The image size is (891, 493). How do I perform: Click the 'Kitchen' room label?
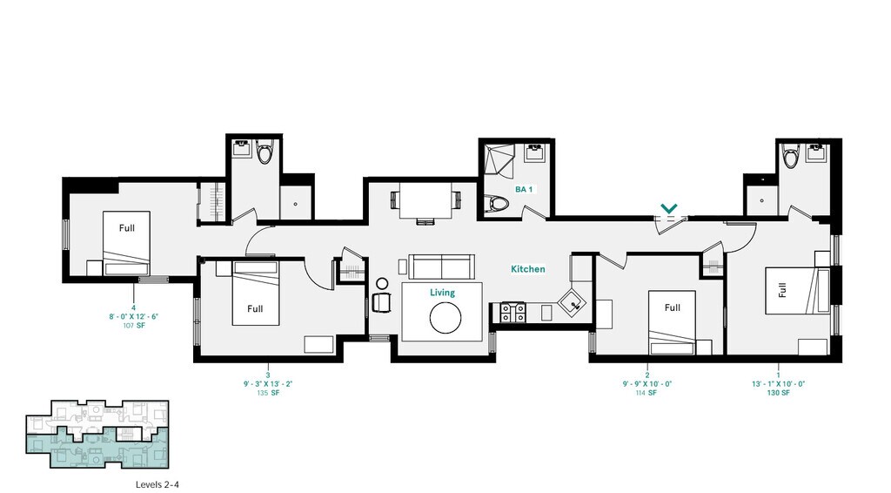[x=527, y=269]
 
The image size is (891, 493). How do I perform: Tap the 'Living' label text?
[x=442, y=294]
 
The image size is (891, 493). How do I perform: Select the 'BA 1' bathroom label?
[x=524, y=189]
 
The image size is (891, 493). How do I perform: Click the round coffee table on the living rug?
[x=443, y=318]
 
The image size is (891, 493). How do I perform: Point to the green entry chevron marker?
[x=668, y=208]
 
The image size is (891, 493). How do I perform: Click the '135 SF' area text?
[x=268, y=393]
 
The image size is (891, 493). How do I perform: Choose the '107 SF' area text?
[x=133, y=325]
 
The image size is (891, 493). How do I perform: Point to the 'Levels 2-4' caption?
[x=157, y=483]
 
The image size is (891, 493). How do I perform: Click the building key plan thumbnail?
[x=97, y=435]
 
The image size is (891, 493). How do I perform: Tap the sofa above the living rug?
[x=440, y=266]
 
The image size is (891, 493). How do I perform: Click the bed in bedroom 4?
[x=127, y=243]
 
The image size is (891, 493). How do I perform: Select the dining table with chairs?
[x=425, y=202]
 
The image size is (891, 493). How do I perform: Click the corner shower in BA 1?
[x=501, y=160]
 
